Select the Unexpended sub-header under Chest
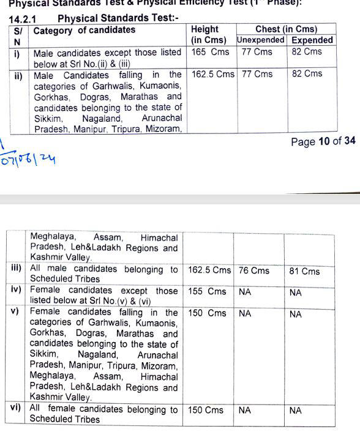coord(261,40)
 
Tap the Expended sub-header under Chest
coord(312,40)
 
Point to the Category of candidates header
coord(84,30)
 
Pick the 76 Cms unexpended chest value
coord(255,270)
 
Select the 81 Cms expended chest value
coord(304,271)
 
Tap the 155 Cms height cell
coord(208,292)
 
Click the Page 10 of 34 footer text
coord(323,141)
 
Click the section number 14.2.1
coord(23,19)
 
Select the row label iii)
coord(17,268)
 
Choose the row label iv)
coord(17,290)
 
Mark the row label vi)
coord(17,408)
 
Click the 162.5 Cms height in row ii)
coord(212,74)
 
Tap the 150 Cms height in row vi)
coord(206,410)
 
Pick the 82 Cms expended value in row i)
coord(307,52)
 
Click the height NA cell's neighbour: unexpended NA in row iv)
coord(246,292)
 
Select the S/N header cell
coord(18,35)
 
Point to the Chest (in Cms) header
coord(287,29)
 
